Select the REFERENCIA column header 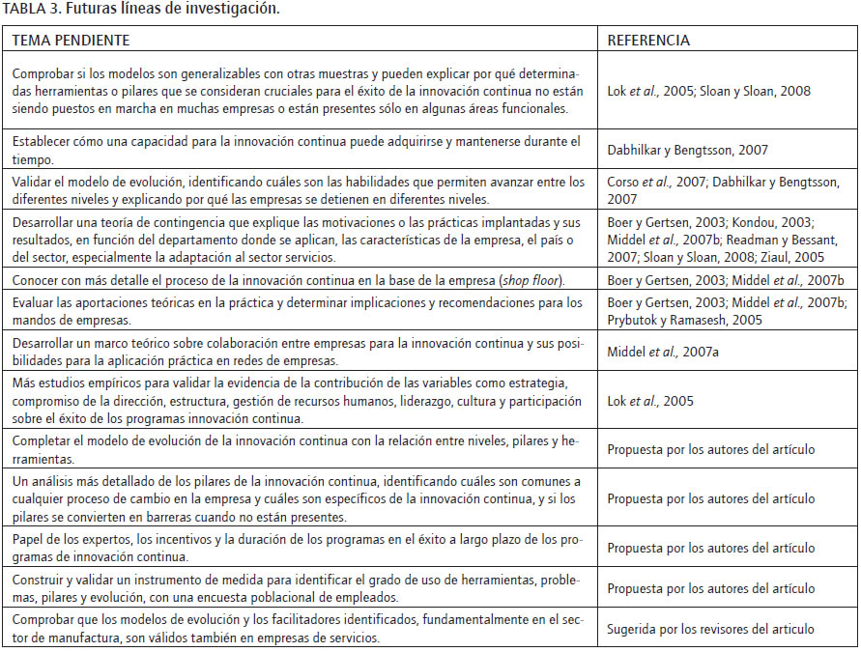pyautogui.click(x=647, y=41)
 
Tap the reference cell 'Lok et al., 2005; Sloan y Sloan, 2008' pyautogui.click(x=708, y=91)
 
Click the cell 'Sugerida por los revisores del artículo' pyautogui.click(x=710, y=629)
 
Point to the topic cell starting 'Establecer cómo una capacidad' pyautogui.click(x=298, y=150)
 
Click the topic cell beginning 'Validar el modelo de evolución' pyautogui.click(x=298, y=189)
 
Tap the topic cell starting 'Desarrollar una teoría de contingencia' pyautogui.click(x=298, y=240)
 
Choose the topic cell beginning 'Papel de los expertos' pyautogui.click(x=298, y=548)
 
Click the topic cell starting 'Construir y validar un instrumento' pyautogui.click(x=298, y=588)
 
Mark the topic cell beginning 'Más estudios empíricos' pyautogui.click(x=298, y=401)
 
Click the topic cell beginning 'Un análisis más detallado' pyautogui.click(x=298, y=498)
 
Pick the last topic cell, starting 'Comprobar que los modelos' pyautogui.click(x=298, y=629)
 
